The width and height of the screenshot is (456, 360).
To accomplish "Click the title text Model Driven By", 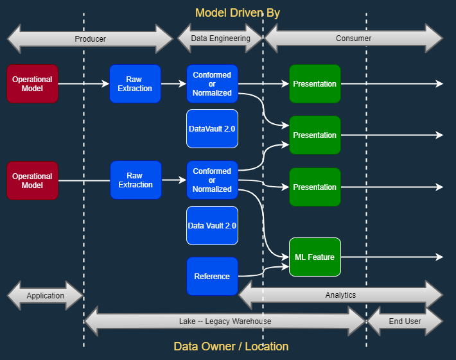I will click(237, 13).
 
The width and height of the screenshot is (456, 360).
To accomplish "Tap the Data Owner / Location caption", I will click(231, 347).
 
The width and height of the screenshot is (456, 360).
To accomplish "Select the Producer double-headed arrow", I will click(90, 39).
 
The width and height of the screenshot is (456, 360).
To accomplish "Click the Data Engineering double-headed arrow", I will click(220, 39).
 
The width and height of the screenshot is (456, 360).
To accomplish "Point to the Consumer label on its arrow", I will click(353, 39).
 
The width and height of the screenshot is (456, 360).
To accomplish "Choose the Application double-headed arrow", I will click(45, 296).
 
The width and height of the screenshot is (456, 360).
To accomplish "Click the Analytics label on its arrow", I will click(340, 295).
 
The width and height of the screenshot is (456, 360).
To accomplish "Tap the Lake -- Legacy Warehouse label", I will click(225, 321).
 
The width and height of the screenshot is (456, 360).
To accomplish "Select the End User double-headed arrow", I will click(405, 321).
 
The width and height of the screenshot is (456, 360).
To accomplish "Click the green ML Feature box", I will click(315, 257).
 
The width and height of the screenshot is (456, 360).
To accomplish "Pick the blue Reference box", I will click(212, 277).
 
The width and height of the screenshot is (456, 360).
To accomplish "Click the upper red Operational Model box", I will click(32, 84).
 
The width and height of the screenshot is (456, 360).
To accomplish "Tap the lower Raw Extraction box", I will click(136, 180).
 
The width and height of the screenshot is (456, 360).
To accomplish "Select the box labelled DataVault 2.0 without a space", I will click(212, 129).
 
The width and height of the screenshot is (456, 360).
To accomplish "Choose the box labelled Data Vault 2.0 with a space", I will click(212, 226).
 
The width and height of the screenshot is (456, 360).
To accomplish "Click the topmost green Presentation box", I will click(315, 84).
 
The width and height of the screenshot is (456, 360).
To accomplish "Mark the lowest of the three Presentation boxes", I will click(315, 187).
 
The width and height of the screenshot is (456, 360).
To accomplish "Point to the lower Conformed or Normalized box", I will click(212, 180).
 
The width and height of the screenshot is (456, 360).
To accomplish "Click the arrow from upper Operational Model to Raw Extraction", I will click(83, 84).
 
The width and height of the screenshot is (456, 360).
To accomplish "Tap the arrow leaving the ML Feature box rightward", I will click(392, 257).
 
